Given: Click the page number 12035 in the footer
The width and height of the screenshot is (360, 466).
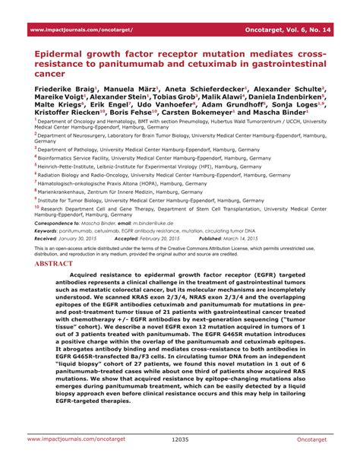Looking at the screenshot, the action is pos(180,439).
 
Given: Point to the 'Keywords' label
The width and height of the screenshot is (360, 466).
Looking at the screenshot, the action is pos(50,230).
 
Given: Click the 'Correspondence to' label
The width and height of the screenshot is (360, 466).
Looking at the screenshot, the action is pos(62,223).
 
